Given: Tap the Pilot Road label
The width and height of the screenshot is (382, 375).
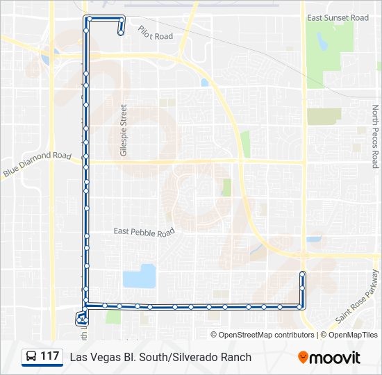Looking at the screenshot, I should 154,33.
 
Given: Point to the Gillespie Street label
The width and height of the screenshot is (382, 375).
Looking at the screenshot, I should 124,131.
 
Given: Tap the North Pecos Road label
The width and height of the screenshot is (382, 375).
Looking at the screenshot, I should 375,137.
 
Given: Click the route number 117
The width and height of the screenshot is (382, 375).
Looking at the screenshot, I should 49,356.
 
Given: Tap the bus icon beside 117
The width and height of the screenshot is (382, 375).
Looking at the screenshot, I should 32,357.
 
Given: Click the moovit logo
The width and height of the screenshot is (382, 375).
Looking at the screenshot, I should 329,358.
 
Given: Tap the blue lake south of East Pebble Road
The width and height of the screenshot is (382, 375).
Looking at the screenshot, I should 139,276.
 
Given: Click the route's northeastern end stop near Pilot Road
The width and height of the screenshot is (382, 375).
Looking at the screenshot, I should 121,32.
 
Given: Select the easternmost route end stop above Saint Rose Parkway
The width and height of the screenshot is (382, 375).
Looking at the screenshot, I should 302,274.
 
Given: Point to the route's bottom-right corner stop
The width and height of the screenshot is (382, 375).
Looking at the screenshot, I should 301,306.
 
